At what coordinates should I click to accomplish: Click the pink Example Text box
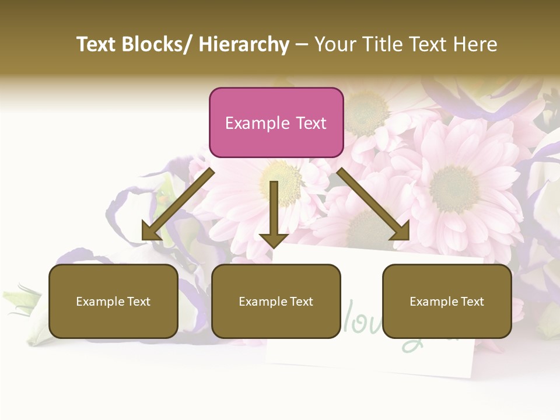(x=276, y=123)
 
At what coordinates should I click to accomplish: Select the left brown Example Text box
(x=113, y=301)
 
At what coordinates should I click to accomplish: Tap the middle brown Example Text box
(x=276, y=301)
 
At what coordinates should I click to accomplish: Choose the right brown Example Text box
(x=447, y=301)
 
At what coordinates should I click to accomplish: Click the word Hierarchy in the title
(x=244, y=44)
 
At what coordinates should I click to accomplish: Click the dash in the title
(x=302, y=44)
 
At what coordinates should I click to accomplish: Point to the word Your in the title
(x=334, y=44)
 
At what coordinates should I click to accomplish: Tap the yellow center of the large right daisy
(x=453, y=188)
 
